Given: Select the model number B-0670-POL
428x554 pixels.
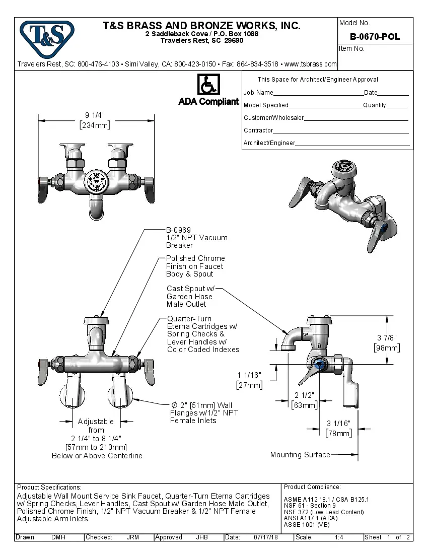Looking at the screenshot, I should [x=375, y=37].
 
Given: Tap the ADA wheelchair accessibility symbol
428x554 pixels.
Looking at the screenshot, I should [x=208, y=84].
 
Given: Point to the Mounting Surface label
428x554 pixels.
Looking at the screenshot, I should [x=300, y=455].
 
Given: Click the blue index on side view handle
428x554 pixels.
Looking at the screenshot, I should [x=319, y=364].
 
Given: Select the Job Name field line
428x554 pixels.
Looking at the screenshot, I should [x=318, y=93].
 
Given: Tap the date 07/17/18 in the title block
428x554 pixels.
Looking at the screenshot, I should [x=267, y=537].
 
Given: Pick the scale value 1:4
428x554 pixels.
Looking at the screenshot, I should [x=339, y=537].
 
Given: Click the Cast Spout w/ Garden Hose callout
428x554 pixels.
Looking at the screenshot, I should [x=190, y=296].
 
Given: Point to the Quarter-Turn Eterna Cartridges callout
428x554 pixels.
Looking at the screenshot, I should [x=203, y=334].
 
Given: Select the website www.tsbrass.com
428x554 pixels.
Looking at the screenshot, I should [x=311, y=64].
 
